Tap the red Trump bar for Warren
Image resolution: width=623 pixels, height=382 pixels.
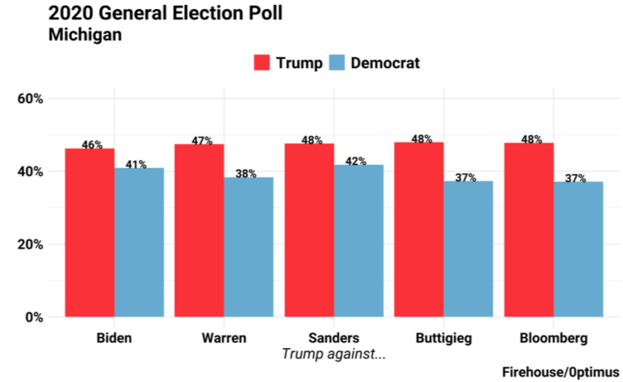pyautogui.click(x=199, y=230)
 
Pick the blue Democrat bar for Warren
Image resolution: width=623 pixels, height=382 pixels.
pyautogui.click(x=248, y=247)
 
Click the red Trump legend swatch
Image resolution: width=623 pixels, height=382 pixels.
pyautogui.click(x=262, y=63)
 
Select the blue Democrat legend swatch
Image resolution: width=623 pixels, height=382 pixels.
pyautogui.click(x=337, y=63)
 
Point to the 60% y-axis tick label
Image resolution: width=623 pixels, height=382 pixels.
pyautogui.click(x=30, y=99)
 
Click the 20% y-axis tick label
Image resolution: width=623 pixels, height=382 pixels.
pyautogui.click(x=30, y=244)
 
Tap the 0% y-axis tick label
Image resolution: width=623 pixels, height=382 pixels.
pyautogui.click(x=34, y=317)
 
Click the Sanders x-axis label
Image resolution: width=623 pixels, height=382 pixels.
pyautogui.click(x=333, y=337)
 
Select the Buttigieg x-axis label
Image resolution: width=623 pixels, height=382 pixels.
pyautogui.click(x=443, y=337)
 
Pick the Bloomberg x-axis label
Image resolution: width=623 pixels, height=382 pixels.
pyautogui.click(x=553, y=337)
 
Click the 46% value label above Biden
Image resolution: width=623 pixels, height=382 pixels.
pyautogui.click(x=92, y=145)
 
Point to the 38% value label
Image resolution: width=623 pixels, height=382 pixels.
pyautogui.click(x=247, y=174)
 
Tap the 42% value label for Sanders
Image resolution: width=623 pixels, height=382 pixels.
pyautogui.click(x=357, y=161)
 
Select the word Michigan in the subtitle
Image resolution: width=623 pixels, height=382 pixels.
pyautogui.click(x=84, y=35)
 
